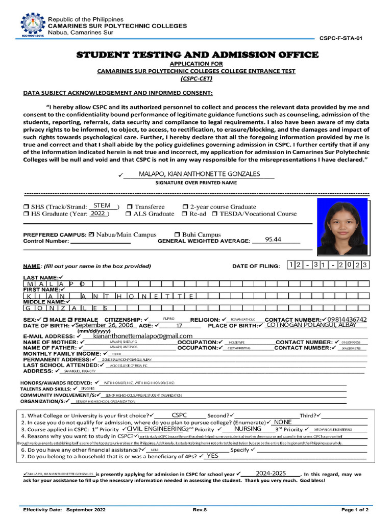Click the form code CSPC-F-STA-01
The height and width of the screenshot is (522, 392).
tap(341, 38)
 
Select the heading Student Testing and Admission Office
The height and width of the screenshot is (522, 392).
tap(197, 55)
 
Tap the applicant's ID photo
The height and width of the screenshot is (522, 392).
tap(342, 226)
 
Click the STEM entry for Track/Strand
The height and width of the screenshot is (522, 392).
tap(103, 206)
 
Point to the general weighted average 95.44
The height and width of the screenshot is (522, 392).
tap(274, 240)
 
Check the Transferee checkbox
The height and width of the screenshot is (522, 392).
tap(130, 207)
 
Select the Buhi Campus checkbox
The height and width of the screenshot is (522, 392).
tap(177, 235)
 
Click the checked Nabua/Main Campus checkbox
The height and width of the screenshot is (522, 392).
tap(91, 235)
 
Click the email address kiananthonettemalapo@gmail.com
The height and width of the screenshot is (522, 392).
tap(143, 336)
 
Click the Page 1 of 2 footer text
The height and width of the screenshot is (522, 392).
tap(355, 510)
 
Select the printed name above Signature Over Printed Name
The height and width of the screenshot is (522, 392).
tap(199, 174)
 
